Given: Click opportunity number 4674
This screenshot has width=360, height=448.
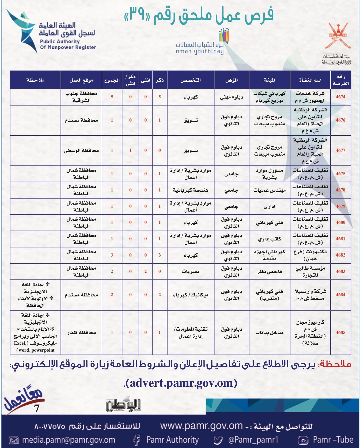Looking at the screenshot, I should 340,97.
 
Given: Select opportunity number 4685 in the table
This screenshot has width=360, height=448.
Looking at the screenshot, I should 340,332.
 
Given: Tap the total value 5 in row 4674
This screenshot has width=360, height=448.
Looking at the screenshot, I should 112,97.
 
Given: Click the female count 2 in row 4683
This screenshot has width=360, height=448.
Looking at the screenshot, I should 145,271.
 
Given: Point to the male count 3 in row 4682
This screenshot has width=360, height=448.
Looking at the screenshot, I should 160,255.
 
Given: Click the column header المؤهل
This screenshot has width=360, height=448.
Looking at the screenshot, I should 232,80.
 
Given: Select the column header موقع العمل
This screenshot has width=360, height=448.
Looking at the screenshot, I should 81,80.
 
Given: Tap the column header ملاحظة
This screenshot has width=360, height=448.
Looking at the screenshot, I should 35,80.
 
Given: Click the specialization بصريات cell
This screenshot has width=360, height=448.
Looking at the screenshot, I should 191,272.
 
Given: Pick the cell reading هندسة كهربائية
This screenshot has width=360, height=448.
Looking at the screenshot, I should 191,190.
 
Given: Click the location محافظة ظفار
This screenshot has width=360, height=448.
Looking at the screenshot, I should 81,333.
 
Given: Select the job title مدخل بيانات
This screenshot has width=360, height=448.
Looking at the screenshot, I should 269,333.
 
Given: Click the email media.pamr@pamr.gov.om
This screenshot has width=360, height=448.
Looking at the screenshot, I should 69,440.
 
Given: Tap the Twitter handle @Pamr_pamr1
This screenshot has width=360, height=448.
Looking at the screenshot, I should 253,440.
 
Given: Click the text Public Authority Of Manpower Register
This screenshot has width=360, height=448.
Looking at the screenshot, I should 68,44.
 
